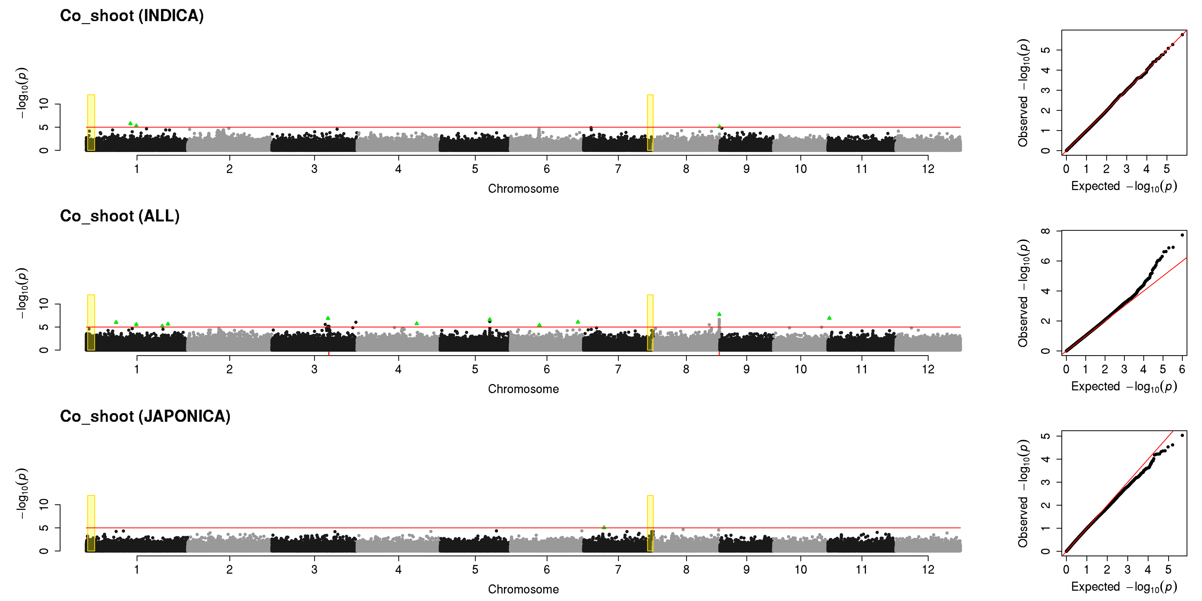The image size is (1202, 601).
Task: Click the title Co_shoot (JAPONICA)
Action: click(145, 416)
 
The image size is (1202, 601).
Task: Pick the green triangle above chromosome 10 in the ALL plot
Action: click(829, 318)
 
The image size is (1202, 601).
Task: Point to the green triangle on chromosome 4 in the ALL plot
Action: click(417, 323)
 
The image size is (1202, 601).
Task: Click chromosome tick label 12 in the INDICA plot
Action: click(928, 169)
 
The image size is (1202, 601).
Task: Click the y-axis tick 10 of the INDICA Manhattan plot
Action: click(44, 104)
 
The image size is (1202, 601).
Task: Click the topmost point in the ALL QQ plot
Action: click(1182, 235)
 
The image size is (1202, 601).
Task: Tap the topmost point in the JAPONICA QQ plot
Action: click(1182, 435)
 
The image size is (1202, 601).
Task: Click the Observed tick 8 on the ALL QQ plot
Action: click(1046, 231)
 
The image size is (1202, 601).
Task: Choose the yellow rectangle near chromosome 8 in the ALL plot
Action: click(650, 322)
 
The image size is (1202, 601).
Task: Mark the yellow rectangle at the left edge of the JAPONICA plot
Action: click(91, 523)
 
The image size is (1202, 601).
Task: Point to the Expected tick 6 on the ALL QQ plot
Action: click(1182, 369)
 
